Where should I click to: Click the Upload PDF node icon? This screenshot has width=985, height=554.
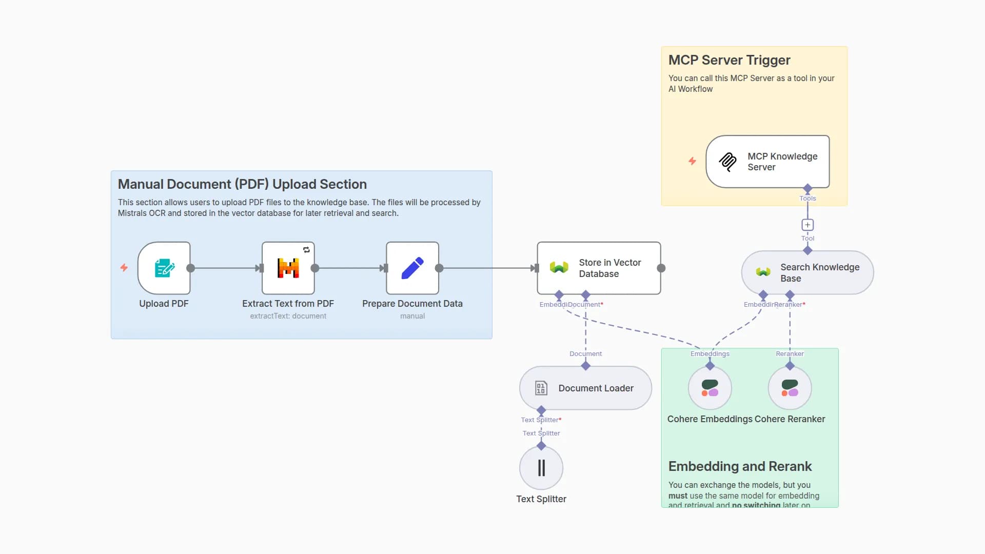tap(164, 268)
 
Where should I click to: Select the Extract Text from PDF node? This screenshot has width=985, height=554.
tap(288, 268)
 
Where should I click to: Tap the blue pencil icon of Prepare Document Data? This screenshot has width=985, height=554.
tap(412, 268)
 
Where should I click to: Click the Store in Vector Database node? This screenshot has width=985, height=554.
tap(599, 268)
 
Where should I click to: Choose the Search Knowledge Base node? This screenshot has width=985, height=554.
tap(807, 272)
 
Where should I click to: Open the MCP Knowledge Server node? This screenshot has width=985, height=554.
tap(767, 162)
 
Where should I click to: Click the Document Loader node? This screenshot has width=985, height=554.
tap(585, 388)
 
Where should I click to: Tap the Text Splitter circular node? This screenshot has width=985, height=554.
tap(541, 468)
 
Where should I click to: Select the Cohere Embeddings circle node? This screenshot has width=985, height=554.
tap(710, 388)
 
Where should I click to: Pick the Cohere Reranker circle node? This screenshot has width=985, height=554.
tap(790, 388)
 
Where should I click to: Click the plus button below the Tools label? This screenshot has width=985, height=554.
tap(807, 225)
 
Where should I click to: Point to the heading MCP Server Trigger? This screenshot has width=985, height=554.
tap(729, 60)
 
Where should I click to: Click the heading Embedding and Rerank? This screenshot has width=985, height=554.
tap(740, 466)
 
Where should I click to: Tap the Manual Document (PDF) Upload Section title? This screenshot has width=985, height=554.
tap(242, 184)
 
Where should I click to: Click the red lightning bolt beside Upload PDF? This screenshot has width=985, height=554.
tap(124, 267)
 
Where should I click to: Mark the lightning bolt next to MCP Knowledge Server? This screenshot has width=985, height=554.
tap(692, 161)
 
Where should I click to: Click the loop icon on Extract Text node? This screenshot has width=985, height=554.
tap(306, 250)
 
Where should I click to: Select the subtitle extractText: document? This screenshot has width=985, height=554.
tap(288, 316)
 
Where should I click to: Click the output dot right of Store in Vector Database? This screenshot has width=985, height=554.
tap(661, 268)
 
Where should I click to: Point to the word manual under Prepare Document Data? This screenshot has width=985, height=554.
tap(412, 316)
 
